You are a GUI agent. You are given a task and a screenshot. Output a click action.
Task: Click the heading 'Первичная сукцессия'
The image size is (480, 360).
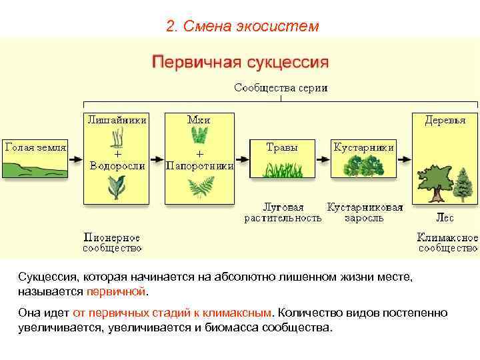(241, 63)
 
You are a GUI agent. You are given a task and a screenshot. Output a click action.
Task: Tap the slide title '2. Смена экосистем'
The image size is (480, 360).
(243, 27)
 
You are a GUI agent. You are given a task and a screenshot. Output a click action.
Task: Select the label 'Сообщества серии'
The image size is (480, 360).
(280, 88)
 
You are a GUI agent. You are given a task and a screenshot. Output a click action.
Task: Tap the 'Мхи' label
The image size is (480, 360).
(199, 120)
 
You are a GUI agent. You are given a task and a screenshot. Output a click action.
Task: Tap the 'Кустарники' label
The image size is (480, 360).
(363, 147)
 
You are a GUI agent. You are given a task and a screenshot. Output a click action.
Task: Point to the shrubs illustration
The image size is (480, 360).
(363, 167)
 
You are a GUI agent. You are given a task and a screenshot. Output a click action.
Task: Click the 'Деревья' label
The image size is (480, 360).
(445, 120)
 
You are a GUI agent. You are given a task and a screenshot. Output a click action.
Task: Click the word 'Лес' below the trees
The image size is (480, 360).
(445, 217)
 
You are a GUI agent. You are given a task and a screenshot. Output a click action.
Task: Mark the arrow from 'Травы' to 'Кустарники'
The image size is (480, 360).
(322, 160)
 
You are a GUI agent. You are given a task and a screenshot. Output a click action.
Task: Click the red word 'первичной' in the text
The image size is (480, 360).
(115, 291)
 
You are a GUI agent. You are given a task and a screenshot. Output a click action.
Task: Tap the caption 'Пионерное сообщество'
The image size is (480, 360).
(112, 243)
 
